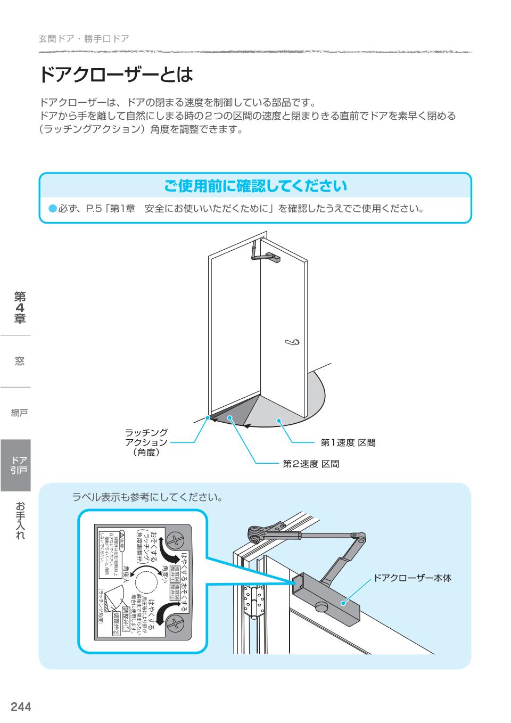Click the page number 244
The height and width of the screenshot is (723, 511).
point(21,706)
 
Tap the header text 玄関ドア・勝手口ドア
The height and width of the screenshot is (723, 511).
point(84,39)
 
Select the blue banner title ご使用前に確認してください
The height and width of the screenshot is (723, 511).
point(256,186)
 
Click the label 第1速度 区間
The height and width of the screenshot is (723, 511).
point(348,442)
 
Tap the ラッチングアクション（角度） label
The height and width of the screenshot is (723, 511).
point(146,442)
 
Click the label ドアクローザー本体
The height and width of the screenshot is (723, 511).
point(413,577)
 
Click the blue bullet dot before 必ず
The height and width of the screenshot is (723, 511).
point(52,209)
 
